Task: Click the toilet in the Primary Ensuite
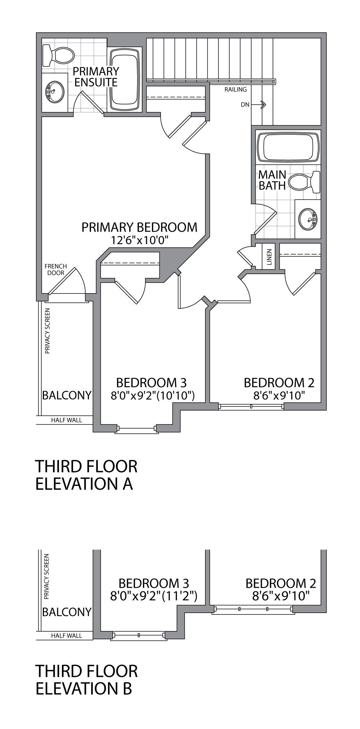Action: coord(58,56)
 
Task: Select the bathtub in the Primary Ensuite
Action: coord(125,80)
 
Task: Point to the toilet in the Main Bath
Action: coord(305,182)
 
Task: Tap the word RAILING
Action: coord(235,89)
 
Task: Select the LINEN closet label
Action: coord(269,257)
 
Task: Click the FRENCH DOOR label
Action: coord(55,269)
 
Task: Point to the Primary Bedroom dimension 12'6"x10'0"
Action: coord(140,240)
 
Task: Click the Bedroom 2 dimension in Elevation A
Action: coord(279,396)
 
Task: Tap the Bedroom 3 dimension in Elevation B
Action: coord(154,596)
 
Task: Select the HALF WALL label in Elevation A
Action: coord(66,420)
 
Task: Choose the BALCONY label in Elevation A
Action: coord(67,395)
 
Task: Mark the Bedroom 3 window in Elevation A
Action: coord(136,429)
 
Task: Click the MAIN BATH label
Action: coord(272,180)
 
